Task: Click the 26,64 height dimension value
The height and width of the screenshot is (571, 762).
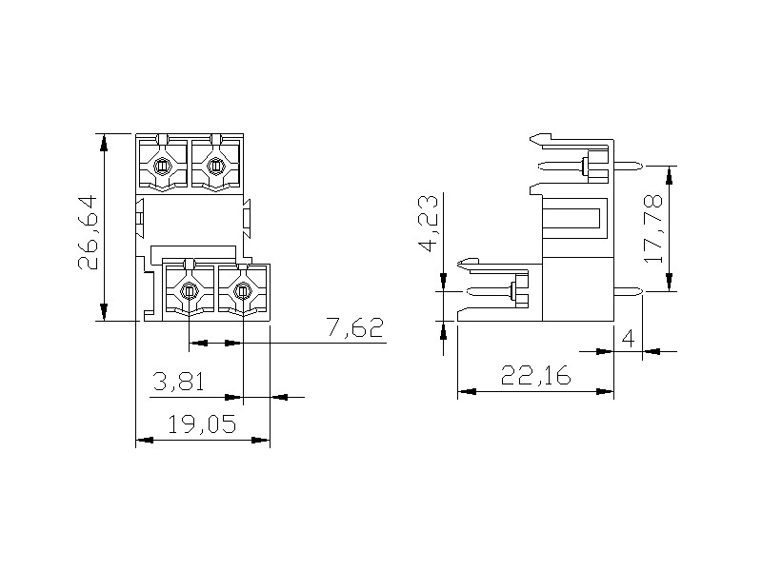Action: click(x=88, y=232)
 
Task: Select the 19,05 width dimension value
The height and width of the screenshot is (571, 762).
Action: click(x=202, y=424)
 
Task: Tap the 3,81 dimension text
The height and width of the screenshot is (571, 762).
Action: click(x=178, y=382)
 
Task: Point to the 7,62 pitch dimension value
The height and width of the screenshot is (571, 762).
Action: click(x=354, y=327)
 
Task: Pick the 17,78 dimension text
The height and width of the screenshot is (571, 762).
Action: click(x=652, y=228)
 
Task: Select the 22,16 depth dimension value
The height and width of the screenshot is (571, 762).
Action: click(x=535, y=375)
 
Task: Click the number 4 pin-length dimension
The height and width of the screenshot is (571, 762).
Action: click(x=629, y=339)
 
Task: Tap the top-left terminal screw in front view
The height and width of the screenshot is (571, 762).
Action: click(x=161, y=167)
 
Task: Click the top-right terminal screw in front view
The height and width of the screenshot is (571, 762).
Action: click(x=214, y=167)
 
